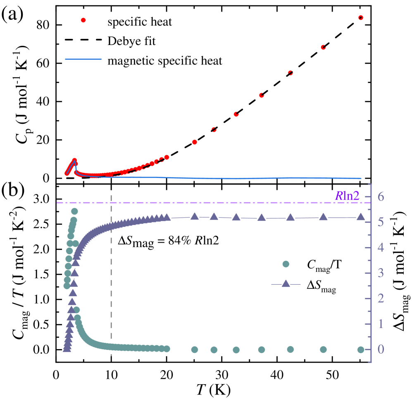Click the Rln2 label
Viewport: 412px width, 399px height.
tap(347, 196)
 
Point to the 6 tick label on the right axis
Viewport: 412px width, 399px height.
tap(380, 196)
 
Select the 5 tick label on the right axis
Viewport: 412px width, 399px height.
tap(380, 222)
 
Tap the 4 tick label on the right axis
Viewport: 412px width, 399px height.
tap(380, 248)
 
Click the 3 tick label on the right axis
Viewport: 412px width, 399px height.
tap(380, 273)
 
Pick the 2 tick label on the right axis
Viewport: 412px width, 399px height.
tap(380, 298)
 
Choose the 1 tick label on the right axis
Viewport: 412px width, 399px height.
tap(380, 324)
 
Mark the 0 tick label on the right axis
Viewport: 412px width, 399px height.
tap(380, 349)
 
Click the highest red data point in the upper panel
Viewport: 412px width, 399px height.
tap(360, 18)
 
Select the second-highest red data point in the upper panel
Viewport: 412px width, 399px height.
tap(323, 47)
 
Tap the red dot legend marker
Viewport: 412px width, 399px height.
tap(83, 20)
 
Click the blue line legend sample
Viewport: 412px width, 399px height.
tap(83, 59)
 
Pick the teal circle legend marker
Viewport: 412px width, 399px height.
tap(286, 264)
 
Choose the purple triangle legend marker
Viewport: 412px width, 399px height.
tap(286, 284)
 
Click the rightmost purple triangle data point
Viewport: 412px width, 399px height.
tap(360, 217)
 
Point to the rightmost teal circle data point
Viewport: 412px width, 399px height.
tap(360, 349)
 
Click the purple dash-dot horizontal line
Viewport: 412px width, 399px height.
tap(207, 203)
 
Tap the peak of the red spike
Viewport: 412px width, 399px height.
tap(75, 160)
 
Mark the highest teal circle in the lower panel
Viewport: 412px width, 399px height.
tap(74, 211)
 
